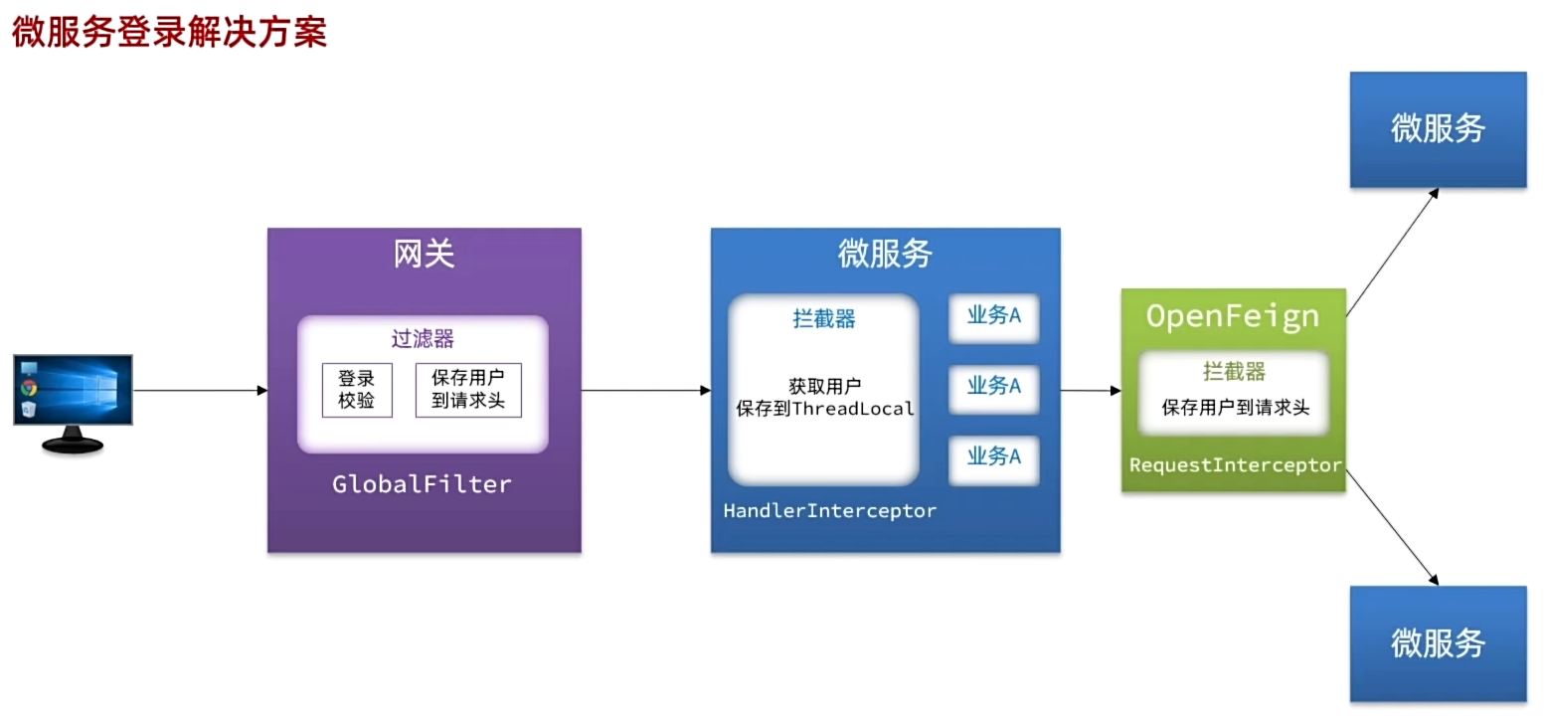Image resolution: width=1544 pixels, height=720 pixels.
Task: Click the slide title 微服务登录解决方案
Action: [169, 32]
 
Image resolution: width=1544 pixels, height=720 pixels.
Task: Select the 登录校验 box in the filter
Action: [357, 390]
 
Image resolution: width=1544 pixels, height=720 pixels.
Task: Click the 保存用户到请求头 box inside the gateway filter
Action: [467, 390]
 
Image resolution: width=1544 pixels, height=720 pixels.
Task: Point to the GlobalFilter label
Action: [422, 485]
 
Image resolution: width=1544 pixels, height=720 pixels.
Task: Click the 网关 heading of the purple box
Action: [424, 255]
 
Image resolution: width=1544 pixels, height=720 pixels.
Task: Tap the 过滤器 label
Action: [423, 339]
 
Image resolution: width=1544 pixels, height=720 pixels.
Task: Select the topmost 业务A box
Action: [993, 317]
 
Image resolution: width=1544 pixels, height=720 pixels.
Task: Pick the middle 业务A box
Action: [993, 387]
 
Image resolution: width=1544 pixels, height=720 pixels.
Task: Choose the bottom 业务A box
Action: [993, 457]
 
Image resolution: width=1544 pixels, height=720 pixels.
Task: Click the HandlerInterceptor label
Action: [829, 511]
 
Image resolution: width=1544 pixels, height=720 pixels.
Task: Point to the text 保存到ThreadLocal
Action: [824, 409]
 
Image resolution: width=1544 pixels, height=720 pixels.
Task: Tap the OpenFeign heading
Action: [1233, 317]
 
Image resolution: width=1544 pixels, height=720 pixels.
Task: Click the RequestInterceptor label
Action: [1236, 465]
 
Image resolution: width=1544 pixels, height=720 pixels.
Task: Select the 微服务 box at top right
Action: [1438, 129]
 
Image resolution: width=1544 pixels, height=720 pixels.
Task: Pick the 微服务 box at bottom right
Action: [1438, 643]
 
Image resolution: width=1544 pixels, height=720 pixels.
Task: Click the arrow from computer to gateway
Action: [199, 391]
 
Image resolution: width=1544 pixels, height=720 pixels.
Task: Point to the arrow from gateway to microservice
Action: [646, 391]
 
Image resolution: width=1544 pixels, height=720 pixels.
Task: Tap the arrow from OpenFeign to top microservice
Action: [1392, 253]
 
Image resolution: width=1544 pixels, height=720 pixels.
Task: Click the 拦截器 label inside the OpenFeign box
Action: [1234, 372]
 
